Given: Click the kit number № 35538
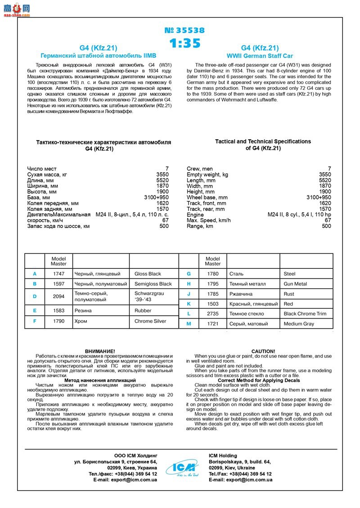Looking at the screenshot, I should coord(184,31).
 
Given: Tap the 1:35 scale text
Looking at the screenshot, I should coord(184,44).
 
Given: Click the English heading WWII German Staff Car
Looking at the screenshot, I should coord(260,56).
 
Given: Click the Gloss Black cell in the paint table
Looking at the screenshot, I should coord(148,274).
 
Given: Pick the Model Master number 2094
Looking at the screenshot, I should coord(58,297).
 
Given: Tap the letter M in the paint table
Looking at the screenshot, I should coord(189,324).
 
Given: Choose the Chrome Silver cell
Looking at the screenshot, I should coord(150,321).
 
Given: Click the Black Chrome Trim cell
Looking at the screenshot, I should coord(305,314).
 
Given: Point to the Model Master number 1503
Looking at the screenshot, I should coord(213,304).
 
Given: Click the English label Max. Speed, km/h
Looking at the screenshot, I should coord(208,220).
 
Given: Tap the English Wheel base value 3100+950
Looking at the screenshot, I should coord(319,197).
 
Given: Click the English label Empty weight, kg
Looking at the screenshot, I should coord(207,174).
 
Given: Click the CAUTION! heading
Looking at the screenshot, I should coord(263,351).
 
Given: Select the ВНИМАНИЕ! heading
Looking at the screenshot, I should coord(100,351).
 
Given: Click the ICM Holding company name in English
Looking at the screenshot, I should coord(223,456).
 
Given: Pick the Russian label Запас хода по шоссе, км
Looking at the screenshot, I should coord(58,226).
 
